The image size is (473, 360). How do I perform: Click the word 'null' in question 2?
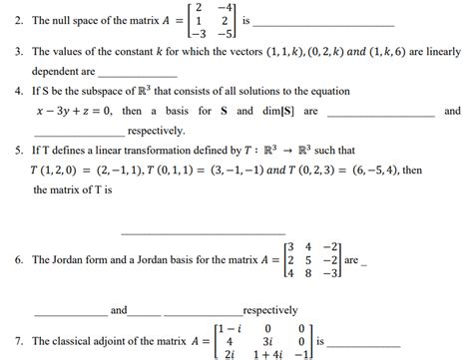click(x=63, y=20)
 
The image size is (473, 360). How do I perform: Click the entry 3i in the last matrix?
click(x=268, y=341)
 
